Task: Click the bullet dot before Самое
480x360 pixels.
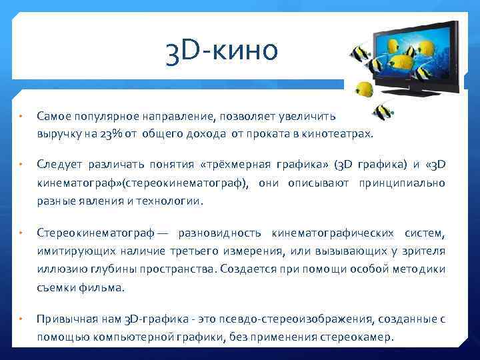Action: coord(21,117)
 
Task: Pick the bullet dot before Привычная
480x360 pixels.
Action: coord(21,319)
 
